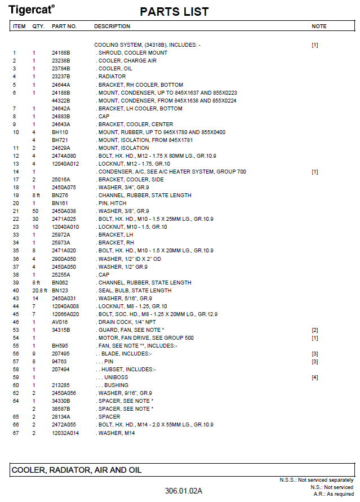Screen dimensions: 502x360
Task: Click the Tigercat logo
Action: pyautogui.click(x=33, y=8)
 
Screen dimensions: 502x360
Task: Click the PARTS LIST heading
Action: pyautogui.click(x=174, y=12)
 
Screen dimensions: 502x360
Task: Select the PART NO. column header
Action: pyautogui.click(x=64, y=26)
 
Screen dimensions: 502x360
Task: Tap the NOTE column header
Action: pyautogui.click(x=319, y=26)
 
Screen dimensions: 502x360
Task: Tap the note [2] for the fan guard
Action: pyautogui.click(x=315, y=330)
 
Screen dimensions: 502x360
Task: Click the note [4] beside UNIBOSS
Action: pyautogui.click(x=315, y=377)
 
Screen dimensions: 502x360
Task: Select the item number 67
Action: pyautogui.click(x=16, y=433)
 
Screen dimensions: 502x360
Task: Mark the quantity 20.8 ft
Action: pyautogui.click(x=36, y=291)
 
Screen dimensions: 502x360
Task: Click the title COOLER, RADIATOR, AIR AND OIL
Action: pyautogui.click(x=77, y=470)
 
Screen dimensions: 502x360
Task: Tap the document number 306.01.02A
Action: pyautogui.click(x=184, y=491)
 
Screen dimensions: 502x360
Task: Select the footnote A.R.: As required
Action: pyautogui.click(x=334, y=494)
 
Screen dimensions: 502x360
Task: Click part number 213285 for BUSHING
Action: pyautogui.click(x=61, y=385)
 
